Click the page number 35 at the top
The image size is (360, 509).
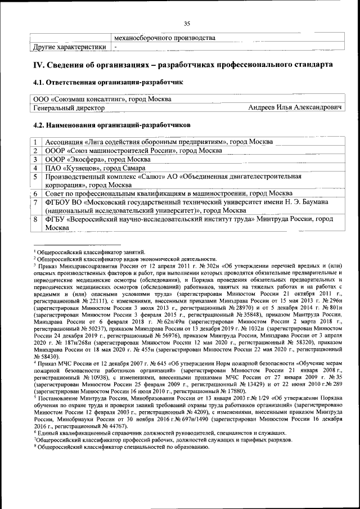click(x=188, y=23)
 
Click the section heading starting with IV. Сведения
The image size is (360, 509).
click(x=183, y=65)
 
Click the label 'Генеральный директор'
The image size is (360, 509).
click(x=69, y=107)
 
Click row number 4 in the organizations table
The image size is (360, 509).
click(x=35, y=168)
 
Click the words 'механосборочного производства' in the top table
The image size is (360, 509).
click(x=164, y=38)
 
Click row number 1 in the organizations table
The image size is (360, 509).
click(x=35, y=142)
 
